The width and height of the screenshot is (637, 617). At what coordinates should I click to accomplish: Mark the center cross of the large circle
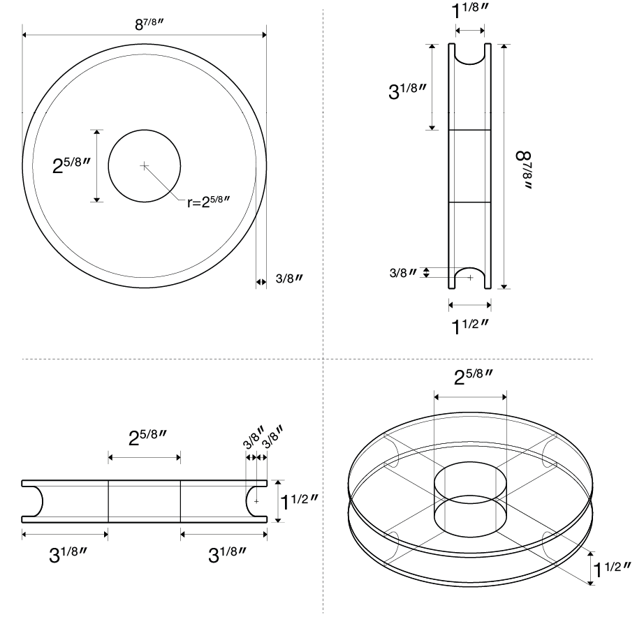(x=144, y=166)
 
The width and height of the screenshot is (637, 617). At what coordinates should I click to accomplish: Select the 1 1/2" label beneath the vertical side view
(x=470, y=326)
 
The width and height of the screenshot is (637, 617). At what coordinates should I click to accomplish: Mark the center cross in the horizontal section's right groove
(x=256, y=500)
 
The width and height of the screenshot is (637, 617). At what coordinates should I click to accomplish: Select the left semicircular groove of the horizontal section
(x=34, y=500)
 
